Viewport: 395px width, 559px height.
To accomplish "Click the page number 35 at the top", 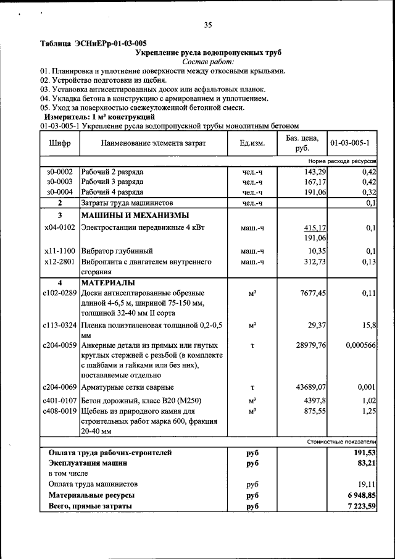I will tap(208, 25).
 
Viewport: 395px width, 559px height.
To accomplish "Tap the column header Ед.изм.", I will tap(252, 143).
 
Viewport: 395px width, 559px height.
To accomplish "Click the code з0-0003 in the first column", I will tap(59, 182).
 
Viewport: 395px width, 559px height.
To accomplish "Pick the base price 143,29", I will tap(313, 171).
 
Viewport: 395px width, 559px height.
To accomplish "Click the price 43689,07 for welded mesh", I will tap(310, 387).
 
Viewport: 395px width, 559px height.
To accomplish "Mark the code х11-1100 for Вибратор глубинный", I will tap(60, 251).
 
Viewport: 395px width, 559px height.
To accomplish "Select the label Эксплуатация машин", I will tap(88, 463).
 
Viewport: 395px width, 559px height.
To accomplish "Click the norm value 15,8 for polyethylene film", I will tap(368, 324).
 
